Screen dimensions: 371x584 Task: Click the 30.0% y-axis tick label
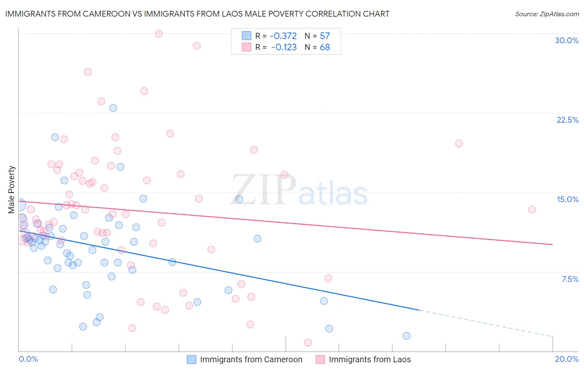[567, 40]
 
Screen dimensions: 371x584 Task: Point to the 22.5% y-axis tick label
[567, 120]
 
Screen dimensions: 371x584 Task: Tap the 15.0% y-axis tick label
[567, 199]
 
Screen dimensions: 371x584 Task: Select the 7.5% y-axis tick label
[570, 279]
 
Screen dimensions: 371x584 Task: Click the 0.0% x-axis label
[28, 359]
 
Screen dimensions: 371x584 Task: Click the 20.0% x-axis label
[567, 359]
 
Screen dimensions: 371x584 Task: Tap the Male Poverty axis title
[12, 190]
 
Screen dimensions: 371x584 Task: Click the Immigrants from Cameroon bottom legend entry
[245, 360]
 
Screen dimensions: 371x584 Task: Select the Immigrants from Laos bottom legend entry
[363, 360]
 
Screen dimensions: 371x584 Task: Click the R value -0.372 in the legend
[283, 36]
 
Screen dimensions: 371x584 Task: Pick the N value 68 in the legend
[325, 47]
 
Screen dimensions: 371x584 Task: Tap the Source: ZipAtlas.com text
[547, 14]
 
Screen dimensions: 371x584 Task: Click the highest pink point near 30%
[159, 34]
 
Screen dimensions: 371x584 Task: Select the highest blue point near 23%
[113, 108]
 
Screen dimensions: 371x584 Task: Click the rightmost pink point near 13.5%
[532, 209]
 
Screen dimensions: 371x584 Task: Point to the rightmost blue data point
[407, 336]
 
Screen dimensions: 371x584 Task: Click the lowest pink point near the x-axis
[308, 343]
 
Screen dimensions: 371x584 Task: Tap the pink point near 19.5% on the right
[459, 143]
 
